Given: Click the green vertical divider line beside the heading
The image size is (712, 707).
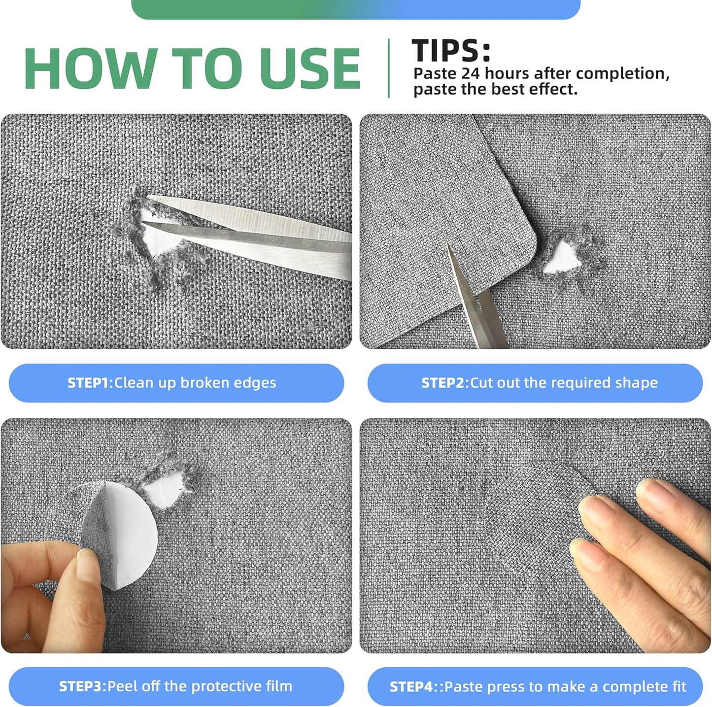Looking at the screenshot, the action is [389, 68].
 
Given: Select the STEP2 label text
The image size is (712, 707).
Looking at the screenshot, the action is [442, 383].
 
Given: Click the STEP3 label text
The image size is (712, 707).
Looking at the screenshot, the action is [81, 687].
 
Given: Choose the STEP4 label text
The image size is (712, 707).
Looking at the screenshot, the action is [411, 687].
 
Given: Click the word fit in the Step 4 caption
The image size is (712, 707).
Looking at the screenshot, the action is [678, 686].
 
